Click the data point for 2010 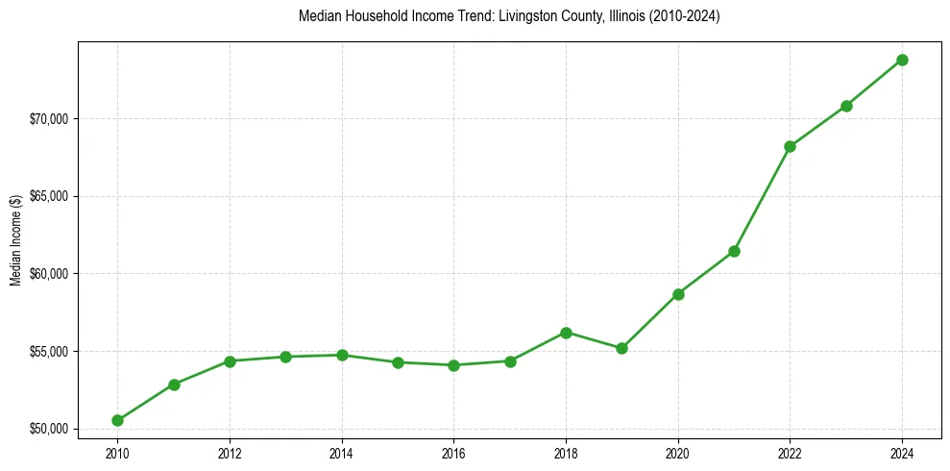(x=117, y=420)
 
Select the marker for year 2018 (x=566, y=333)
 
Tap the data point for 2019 (x=621, y=348)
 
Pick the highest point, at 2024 (x=902, y=60)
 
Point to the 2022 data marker (x=790, y=146)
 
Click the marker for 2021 (x=734, y=251)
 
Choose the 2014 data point (x=342, y=355)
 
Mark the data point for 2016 (x=453, y=365)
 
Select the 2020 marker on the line (x=678, y=294)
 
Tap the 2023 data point (x=846, y=106)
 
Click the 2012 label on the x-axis (x=230, y=452)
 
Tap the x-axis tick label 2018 (x=566, y=452)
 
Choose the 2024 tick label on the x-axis (x=902, y=452)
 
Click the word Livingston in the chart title (x=539, y=17)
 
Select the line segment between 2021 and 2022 (x=762, y=199)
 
